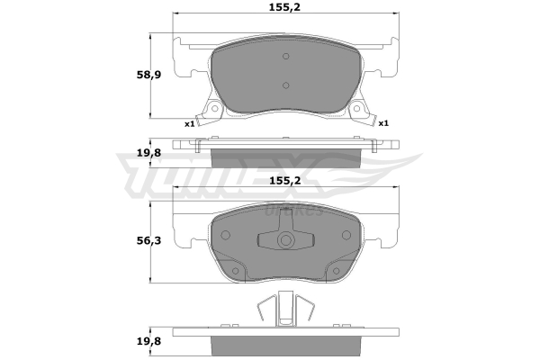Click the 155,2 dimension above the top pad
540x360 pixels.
pyautogui.click(x=284, y=7)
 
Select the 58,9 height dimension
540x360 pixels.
pyautogui.click(x=148, y=75)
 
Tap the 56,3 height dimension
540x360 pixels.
pyautogui.click(x=148, y=240)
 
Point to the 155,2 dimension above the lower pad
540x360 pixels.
pyautogui.click(x=284, y=181)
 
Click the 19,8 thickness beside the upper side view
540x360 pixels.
pyautogui.click(x=148, y=153)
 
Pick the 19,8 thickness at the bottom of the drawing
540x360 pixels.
pyautogui.click(x=148, y=341)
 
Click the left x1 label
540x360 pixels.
pyautogui.click(x=190, y=123)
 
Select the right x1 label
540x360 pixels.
pyautogui.click(x=383, y=123)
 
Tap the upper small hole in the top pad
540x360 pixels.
pyautogui.click(x=285, y=56)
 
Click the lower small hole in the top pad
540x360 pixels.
pyautogui.click(x=285, y=85)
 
